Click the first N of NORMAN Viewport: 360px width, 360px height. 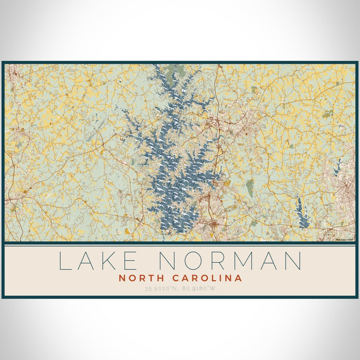pos(170,261)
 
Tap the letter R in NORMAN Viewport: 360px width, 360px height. pos(223,261)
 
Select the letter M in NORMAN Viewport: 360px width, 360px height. pos(247,261)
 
